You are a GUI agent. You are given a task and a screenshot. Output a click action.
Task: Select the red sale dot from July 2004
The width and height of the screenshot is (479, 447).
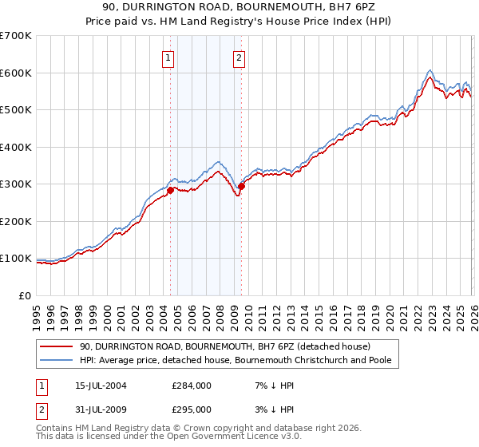click(170, 190)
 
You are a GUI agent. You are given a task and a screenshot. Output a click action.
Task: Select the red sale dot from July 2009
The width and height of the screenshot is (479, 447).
click(241, 186)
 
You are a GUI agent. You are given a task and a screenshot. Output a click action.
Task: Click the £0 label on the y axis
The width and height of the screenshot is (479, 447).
click(24, 295)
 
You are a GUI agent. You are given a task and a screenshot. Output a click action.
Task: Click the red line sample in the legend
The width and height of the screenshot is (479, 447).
click(57, 346)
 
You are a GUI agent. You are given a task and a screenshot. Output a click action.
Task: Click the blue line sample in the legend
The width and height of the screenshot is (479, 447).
click(57, 360)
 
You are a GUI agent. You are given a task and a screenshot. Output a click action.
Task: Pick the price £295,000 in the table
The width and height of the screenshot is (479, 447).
click(192, 409)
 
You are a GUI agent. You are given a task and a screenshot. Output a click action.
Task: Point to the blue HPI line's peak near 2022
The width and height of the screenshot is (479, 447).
click(430, 69)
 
